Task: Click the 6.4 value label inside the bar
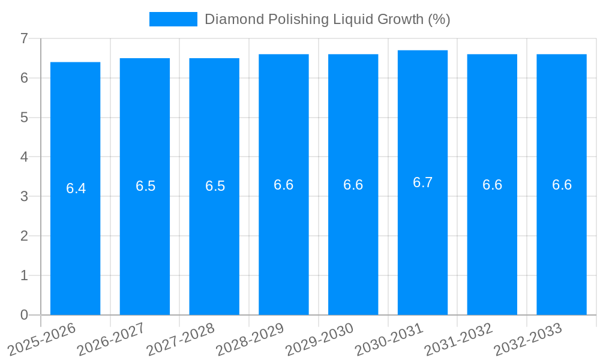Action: (76, 188)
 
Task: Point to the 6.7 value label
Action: (422, 182)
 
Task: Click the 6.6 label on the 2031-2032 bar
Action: (492, 185)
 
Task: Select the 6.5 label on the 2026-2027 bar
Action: (145, 186)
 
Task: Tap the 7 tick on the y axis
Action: (24, 38)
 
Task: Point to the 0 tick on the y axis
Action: (24, 315)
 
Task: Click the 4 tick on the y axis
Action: (24, 157)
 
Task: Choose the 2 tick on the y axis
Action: (24, 236)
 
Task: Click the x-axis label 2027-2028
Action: (181, 339)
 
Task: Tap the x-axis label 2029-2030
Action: (320, 339)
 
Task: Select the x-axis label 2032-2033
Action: (528, 339)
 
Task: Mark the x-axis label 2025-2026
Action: (42, 339)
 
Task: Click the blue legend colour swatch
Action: (173, 19)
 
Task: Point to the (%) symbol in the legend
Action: (439, 19)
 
